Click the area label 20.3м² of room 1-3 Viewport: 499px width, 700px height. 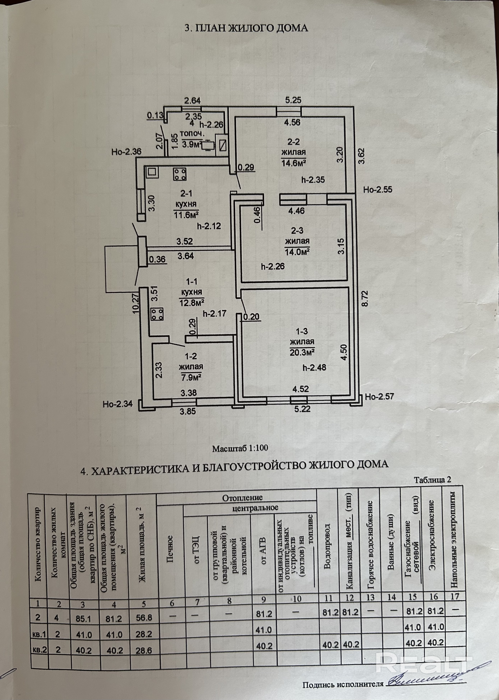pyautogui.click(x=302, y=352)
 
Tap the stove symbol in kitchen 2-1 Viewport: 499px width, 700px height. pyautogui.click(x=180, y=174)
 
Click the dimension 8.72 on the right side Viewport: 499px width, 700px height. pyautogui.click(x=365, y=298)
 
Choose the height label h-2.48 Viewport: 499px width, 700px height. pyautogui.click(x=314, y=367)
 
